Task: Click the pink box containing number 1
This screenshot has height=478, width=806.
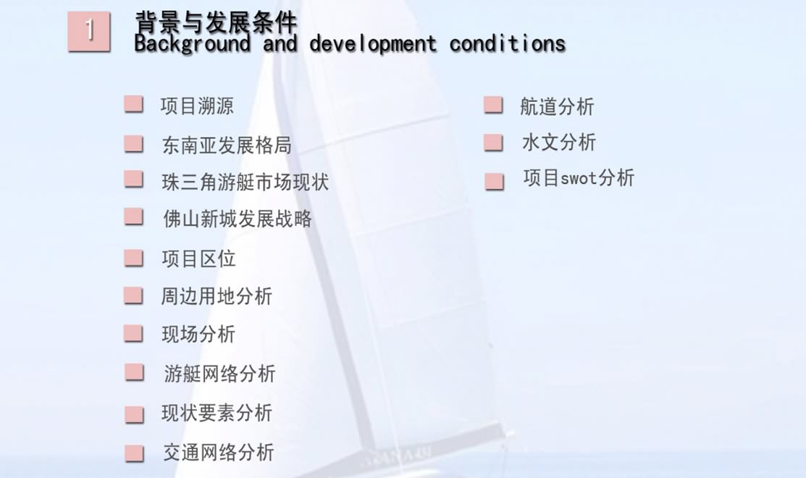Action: coord(89,31)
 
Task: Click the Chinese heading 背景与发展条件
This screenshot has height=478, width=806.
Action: coord(216,22)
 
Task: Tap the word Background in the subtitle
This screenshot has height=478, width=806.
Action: coord(192,44)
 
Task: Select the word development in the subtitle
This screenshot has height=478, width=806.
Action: coord(373,44)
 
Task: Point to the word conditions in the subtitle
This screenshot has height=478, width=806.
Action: coord(508,43)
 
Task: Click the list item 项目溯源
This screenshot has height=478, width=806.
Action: coord(197,106)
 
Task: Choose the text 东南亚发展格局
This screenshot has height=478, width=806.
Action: coord(227,146)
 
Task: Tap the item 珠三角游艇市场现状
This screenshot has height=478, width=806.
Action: coord(245,182)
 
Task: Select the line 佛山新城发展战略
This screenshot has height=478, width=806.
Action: coord(238,219)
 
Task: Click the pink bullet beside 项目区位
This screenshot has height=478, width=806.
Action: coord(134,258)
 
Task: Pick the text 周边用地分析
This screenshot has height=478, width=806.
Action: coord(217,296)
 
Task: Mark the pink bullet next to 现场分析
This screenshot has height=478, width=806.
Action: coord(134,333)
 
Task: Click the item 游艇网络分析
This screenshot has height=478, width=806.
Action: coord(219,374)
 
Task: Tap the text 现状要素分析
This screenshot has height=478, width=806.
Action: coord(217,413)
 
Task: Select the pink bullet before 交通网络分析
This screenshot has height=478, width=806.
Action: coord(135,453)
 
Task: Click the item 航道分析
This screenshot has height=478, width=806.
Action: coord(557,107)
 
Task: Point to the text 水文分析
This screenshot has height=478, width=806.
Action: coord(559,143)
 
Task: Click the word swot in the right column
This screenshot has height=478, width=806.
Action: coord(579,179)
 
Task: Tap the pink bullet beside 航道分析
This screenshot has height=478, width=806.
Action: coord(493,105)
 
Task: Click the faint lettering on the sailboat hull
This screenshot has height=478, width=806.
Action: coord(396,456)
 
